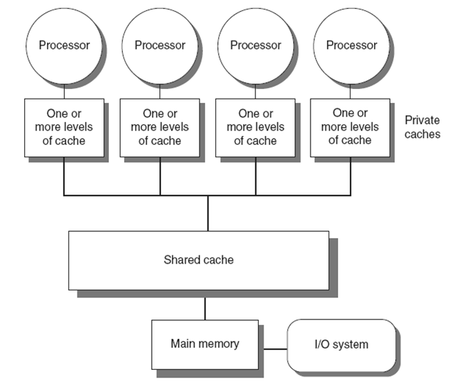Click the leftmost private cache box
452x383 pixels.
point(63,128)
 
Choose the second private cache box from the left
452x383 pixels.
point(160,128)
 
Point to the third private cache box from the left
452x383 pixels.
point(255,128)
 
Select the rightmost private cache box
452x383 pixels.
point(351,128)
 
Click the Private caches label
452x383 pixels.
point(422,127)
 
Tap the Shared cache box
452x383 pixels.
point(199,260)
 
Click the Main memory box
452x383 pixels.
point(204,344)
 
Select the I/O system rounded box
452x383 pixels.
point(342,344)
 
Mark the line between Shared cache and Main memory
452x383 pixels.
point(204,304)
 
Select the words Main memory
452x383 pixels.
point(204,344)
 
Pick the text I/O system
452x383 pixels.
point(341,344)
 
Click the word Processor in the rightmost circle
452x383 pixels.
point(351,46)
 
